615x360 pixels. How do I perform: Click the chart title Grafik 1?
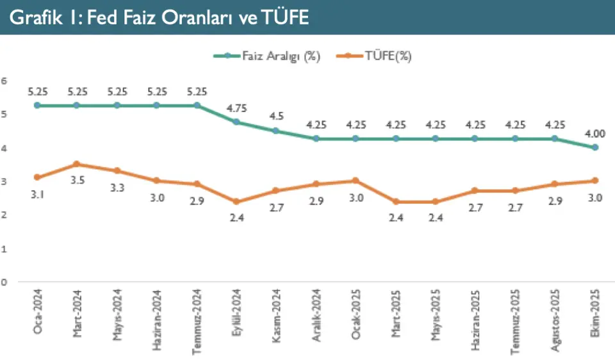tap(160, 18)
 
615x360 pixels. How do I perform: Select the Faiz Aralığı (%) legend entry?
tap(267, 56)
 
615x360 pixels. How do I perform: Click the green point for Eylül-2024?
tap(236, 122)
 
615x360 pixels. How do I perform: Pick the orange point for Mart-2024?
tap(77, 164)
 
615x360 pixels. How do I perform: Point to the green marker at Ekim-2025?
tap(595, 147)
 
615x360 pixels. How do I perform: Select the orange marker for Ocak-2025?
tap(356, 181)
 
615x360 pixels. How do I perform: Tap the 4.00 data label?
tap(595, 133)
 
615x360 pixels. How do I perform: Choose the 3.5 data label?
tap(77, 181)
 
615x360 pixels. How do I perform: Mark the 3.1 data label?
tap(37, 193)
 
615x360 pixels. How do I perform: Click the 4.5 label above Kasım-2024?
tap(276, 116)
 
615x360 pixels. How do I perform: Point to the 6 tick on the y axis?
tap(4, 80)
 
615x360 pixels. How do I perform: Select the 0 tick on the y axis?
tap(4, 282)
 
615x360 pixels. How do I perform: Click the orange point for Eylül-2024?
tap(236, 201)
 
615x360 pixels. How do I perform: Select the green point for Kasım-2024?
tap(276, 131)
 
